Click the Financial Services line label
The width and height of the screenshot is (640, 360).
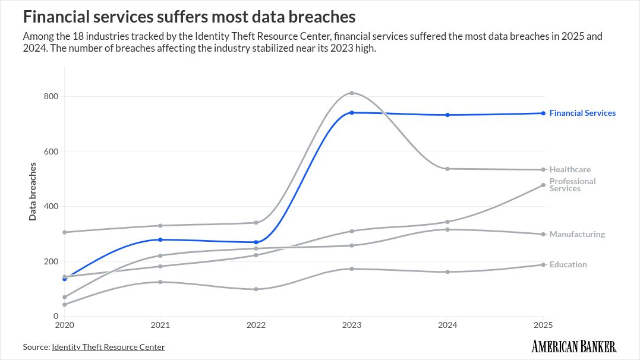click(582, 113)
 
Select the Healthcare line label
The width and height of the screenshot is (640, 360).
click(569, 169)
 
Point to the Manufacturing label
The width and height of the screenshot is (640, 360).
click(576, 234)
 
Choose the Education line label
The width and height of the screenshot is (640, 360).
click(568, 264)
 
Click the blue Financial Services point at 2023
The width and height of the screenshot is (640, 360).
click(352, 112)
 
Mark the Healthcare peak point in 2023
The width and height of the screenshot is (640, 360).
click(352, 93)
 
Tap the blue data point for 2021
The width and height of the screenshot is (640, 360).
click(160, 239)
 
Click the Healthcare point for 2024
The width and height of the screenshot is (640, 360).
click(447, 169)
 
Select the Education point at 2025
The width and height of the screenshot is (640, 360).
click(543, 264)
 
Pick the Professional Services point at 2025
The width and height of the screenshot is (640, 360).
click(543, 185)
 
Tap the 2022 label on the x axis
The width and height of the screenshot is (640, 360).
click(256, 325)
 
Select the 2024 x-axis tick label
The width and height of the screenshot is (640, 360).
click(447, 325)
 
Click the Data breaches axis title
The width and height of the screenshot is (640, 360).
click(33, 190)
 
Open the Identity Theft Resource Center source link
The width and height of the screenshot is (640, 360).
click(108, 347)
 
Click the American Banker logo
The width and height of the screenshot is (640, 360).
click(573, 346)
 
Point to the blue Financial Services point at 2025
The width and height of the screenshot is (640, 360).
click(543, 113)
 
